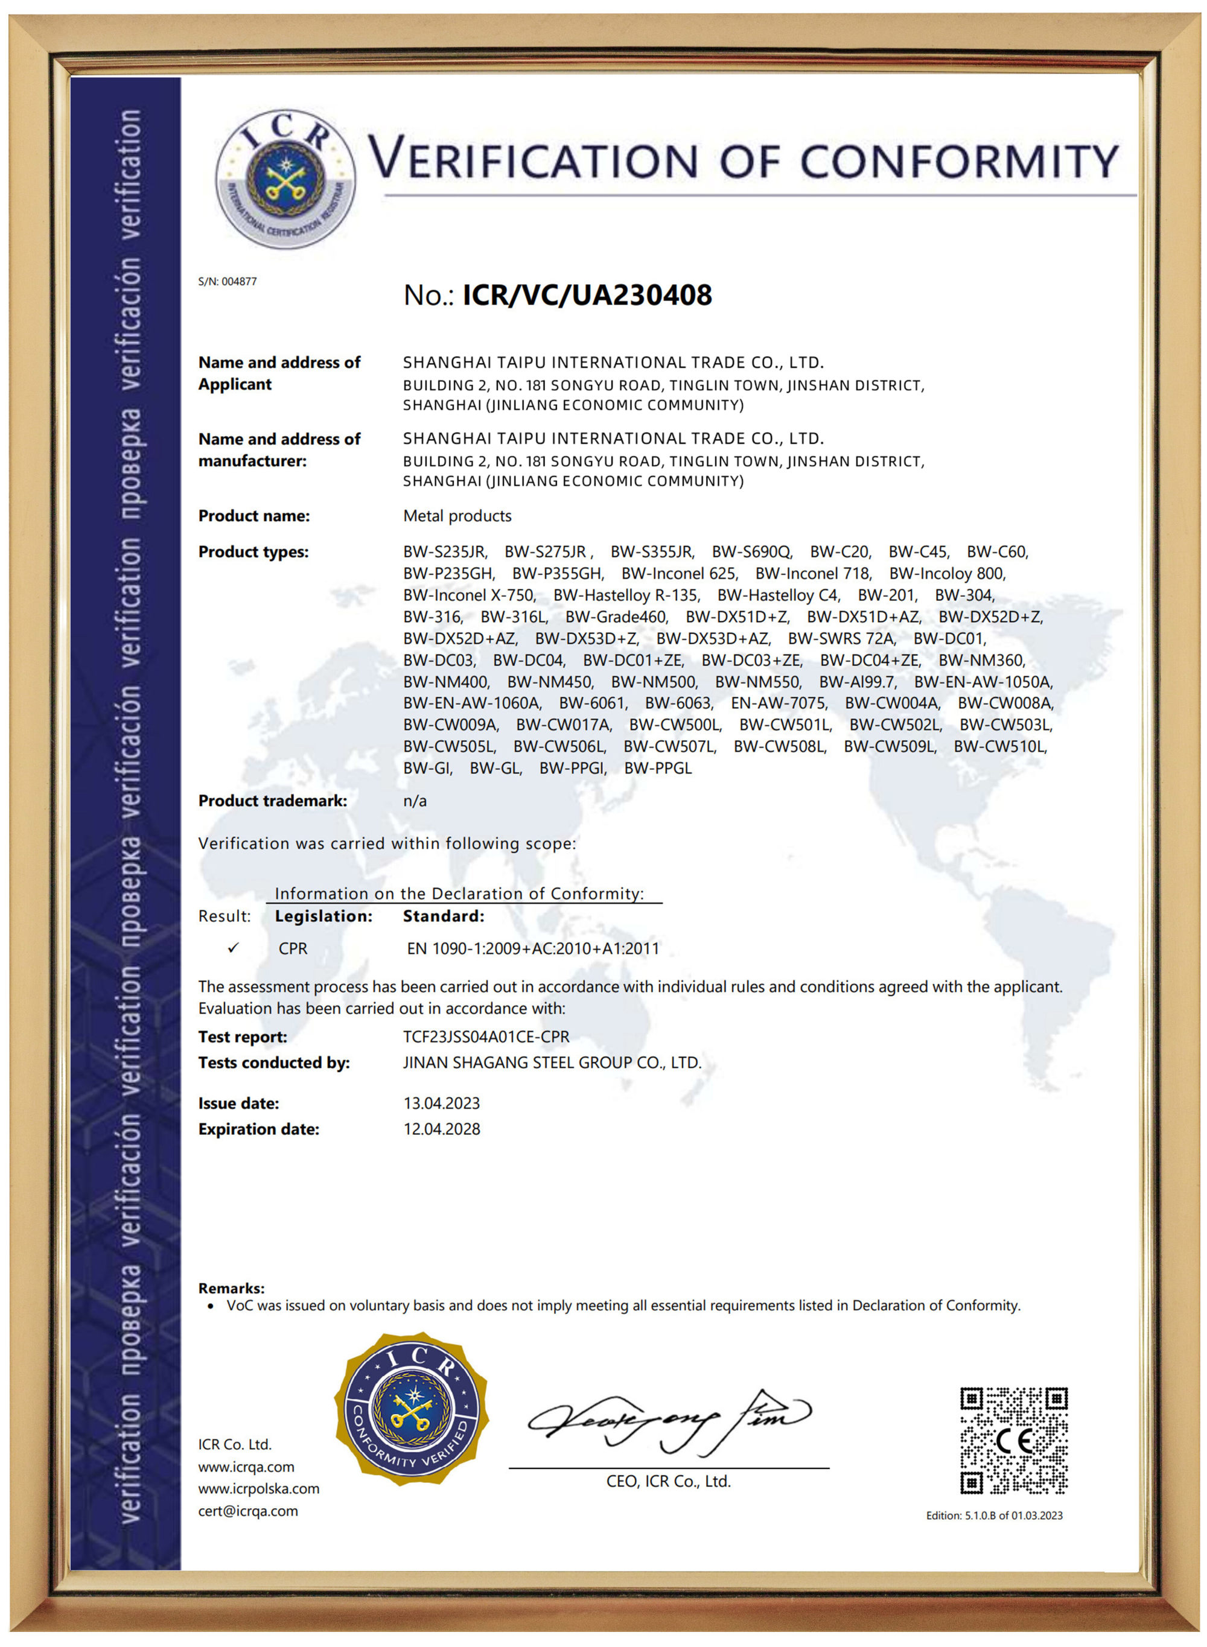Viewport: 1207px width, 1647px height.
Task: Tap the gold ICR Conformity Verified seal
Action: (413, 1408)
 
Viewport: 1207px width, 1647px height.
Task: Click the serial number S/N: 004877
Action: (228, 281)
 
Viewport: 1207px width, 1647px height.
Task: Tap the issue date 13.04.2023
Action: (441, 1103)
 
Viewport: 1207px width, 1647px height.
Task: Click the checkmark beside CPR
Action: (233, 948)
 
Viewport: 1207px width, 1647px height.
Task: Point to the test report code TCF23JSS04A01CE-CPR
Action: (486, 1036)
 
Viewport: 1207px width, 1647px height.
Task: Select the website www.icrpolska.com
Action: (259, 1488)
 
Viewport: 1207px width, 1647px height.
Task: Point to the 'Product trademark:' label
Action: (273, 801)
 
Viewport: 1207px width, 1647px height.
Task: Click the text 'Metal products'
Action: (457, 516)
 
